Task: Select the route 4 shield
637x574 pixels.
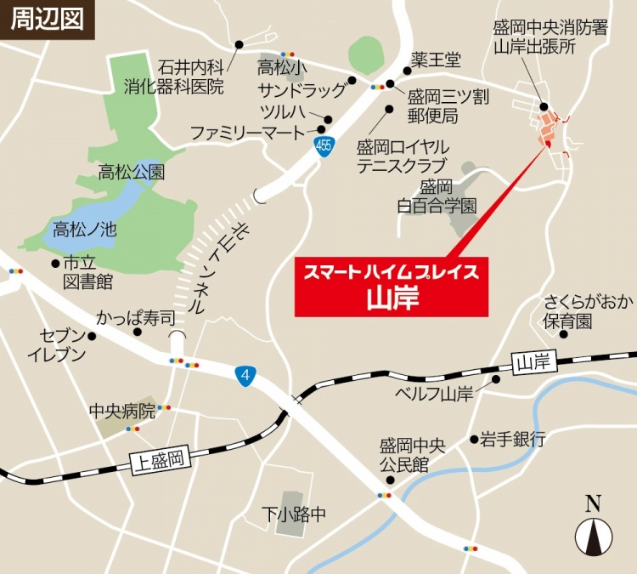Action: pos(245,374)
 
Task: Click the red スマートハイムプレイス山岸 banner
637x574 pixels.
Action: pos(392,286)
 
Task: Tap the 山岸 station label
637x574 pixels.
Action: pos(533,364)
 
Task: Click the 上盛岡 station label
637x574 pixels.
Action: pos(158,461)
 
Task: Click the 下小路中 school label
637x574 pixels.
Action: pos(293,514)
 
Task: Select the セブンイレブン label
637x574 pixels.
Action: pos(58,344)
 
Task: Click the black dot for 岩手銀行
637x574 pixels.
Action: pos(474,440)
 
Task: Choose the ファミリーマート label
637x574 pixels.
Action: pos(246,133)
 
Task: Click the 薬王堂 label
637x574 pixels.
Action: pos(436,60)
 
